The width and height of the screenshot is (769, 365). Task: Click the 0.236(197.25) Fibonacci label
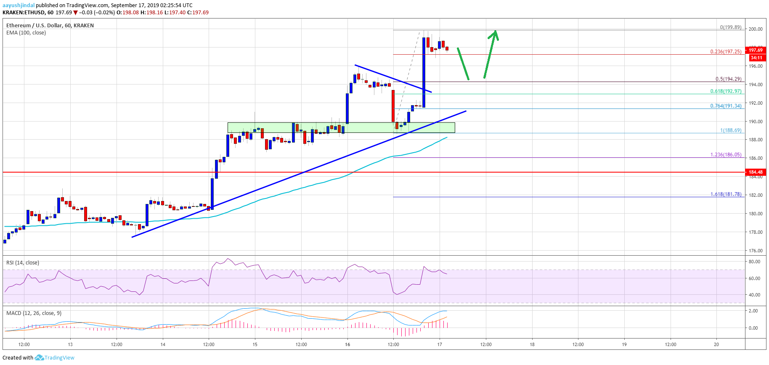click(726, 52)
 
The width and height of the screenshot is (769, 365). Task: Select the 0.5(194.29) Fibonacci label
click(728, 79)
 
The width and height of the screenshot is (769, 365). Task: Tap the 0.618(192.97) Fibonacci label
click(726, 91)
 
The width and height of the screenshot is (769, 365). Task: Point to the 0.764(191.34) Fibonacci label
click(726, 106)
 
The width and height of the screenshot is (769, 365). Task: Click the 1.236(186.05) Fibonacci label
click(726, 155)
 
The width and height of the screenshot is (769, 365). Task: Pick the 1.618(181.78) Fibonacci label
click(726, 194)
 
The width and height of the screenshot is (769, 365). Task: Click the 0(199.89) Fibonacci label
click(731, 27)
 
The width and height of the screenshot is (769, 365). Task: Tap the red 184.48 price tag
click(756, 172)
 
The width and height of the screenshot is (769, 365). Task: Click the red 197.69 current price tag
click(756, 50)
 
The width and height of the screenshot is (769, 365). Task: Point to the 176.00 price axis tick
click(756, 251)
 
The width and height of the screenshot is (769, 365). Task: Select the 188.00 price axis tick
click(756, 140)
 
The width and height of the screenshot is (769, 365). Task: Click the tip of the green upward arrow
click(496, 31)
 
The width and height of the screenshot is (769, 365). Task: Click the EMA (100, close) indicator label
click(26, 33)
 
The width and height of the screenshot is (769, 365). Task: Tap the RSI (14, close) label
click(23, 263)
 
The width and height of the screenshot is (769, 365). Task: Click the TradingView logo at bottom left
click(55, 358)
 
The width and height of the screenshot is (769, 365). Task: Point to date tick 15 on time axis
click(255, 344)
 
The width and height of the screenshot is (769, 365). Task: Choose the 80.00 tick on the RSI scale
click(754, 262)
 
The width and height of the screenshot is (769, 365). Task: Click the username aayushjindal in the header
click(19, 5)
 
